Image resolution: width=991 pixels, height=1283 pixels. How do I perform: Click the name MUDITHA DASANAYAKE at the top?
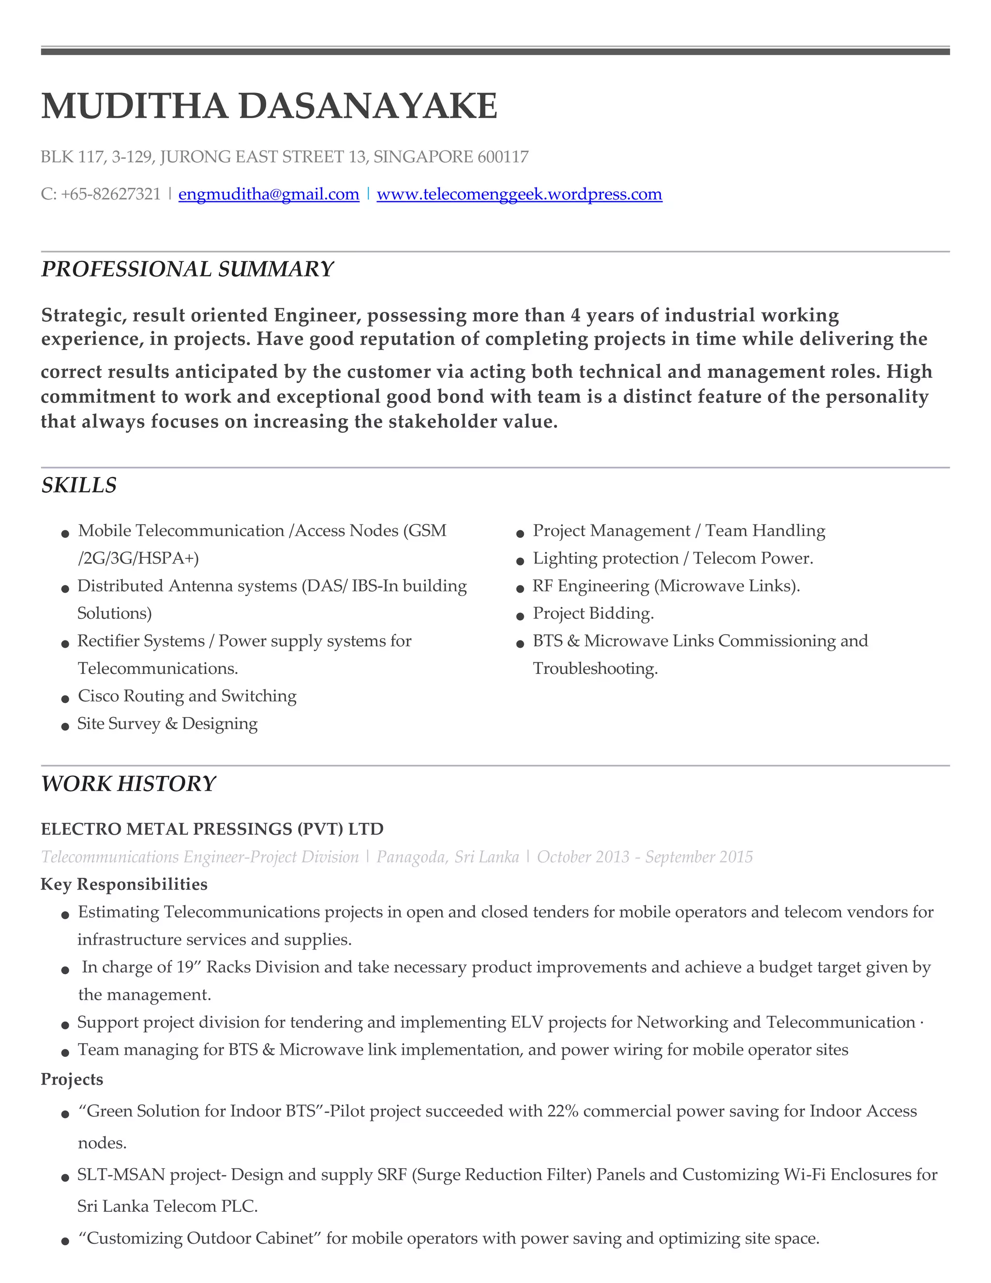[x=269, y=107]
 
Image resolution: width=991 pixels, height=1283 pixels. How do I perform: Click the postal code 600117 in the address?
[x=503, y=157]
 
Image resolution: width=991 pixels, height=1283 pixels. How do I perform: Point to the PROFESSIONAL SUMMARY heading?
[x=187, y=269]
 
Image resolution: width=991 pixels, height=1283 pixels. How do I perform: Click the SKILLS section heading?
[x=79, y=485]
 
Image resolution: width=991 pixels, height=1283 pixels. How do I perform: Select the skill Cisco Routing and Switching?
[x=187, y=696]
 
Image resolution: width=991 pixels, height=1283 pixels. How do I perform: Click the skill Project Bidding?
[x=593, y=613]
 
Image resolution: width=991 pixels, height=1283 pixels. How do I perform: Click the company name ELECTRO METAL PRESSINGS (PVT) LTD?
[x=212, y=829]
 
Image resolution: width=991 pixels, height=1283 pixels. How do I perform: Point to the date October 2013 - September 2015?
[x=645, y=857]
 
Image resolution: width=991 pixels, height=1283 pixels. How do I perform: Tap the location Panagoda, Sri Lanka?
[x=448, y=857]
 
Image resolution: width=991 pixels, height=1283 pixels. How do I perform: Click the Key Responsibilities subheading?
[x=124, y=884]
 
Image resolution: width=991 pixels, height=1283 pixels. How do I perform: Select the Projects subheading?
[x=72, y=1079]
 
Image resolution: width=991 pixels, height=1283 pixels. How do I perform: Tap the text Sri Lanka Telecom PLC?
[x=167, y=1206]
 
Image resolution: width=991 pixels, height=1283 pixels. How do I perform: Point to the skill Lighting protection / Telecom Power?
[x=673, y=558]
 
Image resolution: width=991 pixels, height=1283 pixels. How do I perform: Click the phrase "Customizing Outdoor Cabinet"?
[x=200, y=1238]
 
